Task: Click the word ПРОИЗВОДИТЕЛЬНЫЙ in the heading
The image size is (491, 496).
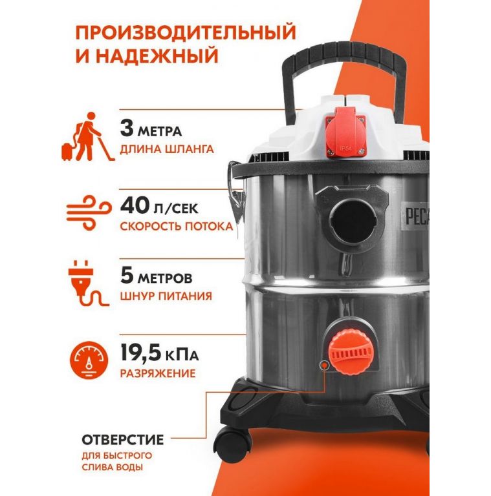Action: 186,32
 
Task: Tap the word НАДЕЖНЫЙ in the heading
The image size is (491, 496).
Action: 157,56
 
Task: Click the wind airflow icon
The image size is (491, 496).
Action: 89,212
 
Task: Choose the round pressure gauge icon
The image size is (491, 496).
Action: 89,360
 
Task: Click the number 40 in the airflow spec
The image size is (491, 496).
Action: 135,205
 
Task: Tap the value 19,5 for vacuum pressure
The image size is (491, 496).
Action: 141,353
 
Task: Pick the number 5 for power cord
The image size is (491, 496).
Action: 127,275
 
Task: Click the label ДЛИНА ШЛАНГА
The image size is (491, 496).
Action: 167,149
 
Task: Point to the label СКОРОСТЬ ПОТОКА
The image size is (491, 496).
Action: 177,227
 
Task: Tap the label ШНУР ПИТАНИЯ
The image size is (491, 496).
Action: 166,296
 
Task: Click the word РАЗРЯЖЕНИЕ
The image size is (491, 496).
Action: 157,373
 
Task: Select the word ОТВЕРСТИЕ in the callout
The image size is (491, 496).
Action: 123,440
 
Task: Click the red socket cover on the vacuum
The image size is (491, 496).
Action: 345,131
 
